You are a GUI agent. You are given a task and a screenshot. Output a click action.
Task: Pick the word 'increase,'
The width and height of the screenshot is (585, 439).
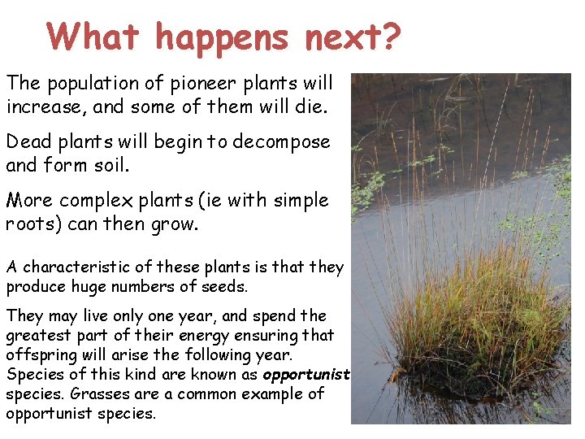[40, 106]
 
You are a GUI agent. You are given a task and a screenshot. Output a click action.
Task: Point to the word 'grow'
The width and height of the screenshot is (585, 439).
[175, 224]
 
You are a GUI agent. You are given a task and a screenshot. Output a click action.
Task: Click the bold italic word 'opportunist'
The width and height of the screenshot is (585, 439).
[305, 374]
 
